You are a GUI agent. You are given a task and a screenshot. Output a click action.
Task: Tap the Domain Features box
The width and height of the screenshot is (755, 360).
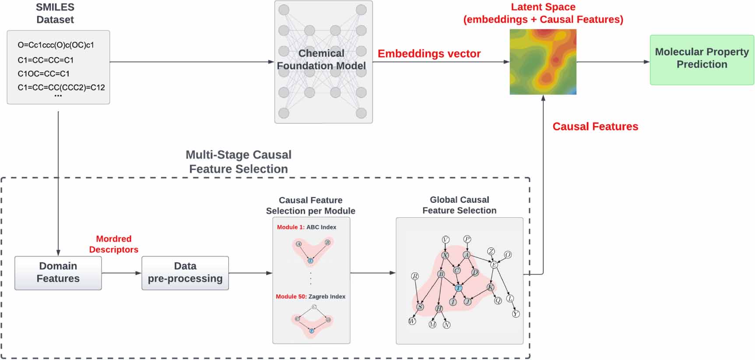pos(58,273)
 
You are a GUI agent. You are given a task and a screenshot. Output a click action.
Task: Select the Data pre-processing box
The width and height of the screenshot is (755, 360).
pos(185,273)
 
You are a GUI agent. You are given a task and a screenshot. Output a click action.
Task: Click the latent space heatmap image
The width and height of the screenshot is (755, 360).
pos(543,62)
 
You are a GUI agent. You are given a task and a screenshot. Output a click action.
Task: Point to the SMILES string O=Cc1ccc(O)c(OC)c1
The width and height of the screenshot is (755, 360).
pos(56,45)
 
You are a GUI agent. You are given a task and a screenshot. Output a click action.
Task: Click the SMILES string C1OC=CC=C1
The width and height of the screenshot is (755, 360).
pos(43,74)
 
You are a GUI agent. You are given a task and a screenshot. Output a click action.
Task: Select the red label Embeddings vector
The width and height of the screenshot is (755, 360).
pos(429,54)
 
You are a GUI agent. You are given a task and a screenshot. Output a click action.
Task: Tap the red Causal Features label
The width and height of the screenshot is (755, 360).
pos(595,127)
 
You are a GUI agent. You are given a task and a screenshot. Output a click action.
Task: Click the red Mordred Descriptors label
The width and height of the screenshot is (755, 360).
pos(114,244)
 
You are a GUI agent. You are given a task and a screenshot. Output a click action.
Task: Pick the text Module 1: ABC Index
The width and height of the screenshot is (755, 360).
pos(306,227)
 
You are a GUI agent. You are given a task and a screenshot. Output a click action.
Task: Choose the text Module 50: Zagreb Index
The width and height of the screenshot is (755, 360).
pos(310,296)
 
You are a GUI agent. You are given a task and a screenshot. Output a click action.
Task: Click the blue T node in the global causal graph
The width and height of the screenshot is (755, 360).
pos(458,288)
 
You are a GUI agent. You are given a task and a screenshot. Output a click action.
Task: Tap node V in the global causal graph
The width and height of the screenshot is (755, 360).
pos(446,240)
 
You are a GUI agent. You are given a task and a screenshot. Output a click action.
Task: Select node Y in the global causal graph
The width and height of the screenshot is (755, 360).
pos(516,314)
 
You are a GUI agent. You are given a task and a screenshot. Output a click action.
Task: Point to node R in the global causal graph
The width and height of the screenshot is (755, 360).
pos(415,276)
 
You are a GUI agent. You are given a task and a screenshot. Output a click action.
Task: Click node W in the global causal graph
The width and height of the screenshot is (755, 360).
pos(412,321)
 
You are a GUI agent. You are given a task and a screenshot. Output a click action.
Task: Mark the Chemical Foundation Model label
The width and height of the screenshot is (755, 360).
pos(321,60)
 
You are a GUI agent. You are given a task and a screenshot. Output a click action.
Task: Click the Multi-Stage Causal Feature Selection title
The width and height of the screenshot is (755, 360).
pos(239,162)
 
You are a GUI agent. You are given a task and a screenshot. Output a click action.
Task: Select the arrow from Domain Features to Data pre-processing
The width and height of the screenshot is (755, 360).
pos(122,273)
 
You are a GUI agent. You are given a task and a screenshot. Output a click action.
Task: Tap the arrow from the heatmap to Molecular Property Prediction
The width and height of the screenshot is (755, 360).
pos(613,62)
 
